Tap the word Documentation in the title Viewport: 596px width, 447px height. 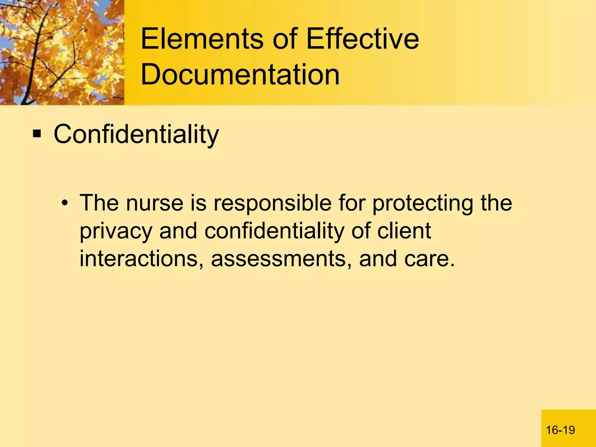240,75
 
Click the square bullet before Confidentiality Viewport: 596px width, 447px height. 37,134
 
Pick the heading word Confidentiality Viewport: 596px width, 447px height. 136,134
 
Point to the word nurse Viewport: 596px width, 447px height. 155,203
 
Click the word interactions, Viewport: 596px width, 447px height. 141,259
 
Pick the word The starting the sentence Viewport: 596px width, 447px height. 99,203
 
